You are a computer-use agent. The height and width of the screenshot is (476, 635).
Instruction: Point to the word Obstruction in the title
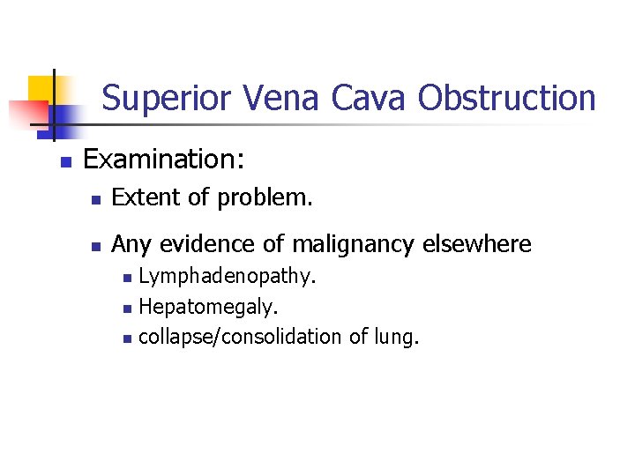coord(507,98)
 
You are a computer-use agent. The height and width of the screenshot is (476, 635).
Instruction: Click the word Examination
coord(163,160)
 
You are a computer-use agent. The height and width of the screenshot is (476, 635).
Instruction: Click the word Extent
coord(142,198)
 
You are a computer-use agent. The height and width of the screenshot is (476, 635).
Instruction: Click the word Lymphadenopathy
coord(228,279)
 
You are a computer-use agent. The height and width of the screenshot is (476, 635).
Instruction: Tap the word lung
coord(396,338)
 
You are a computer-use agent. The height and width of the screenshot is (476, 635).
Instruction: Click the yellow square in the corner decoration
coord(41,90)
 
